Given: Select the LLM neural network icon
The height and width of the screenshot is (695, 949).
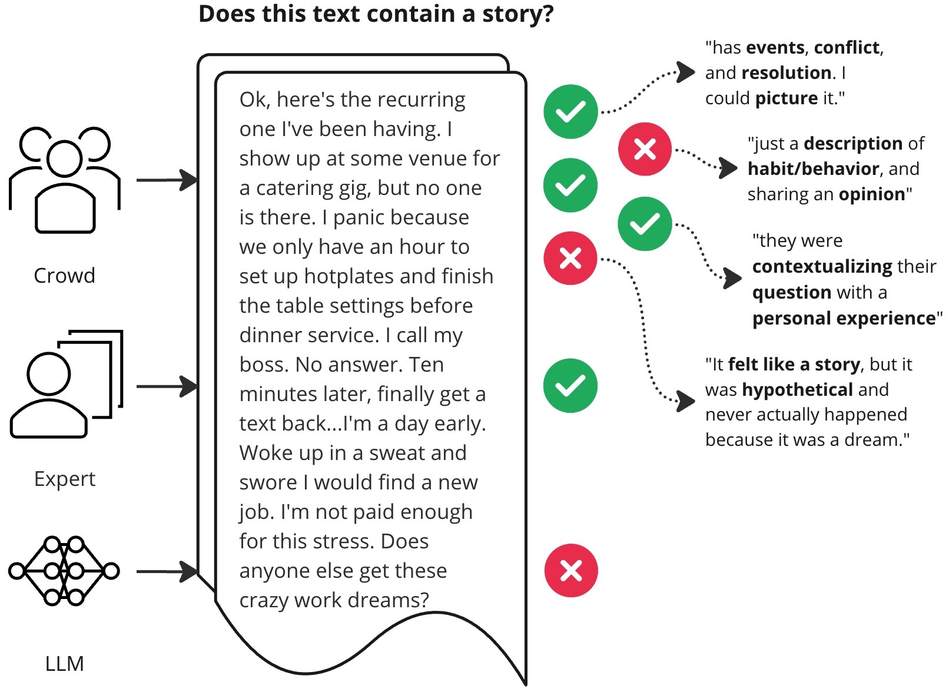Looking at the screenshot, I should (x=64, y=570).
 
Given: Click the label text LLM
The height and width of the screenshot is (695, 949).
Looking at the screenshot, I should (x=64, y=664).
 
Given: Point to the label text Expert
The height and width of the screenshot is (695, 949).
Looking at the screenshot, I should (x=64, y=479).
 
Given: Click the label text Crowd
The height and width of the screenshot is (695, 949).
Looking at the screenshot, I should (x=64, y=275).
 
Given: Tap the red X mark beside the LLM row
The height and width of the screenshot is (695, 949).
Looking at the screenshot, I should (x=570, y=570).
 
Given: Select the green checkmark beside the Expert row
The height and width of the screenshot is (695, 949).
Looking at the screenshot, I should (x=570, y=386).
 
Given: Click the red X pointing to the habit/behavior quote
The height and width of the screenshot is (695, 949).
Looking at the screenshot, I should (x=645, y=149).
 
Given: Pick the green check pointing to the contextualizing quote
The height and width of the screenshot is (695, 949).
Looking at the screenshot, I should (x=645, y=224).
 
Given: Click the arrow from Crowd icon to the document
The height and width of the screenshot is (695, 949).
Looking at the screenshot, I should (x=167, y=180).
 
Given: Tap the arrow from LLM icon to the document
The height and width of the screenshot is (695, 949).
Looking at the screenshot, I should (x=167, y=571).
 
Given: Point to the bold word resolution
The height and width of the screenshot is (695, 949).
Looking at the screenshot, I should (x=787, y=72).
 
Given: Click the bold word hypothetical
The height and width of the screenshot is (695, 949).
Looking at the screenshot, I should (x=797, y=389).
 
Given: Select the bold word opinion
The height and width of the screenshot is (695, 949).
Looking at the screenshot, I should (x=871, y=194).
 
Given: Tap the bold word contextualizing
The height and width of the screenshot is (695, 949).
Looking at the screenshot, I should (x=822, y=266).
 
